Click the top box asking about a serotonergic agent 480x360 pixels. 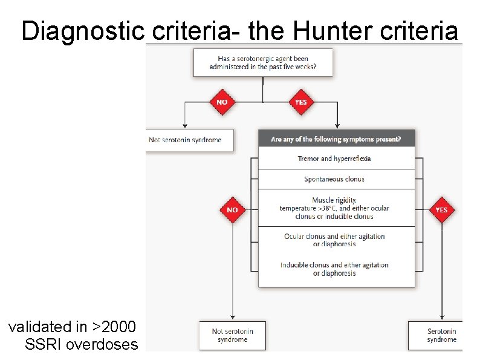click(x=263, y=62)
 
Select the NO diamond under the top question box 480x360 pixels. click(x=222, y=102)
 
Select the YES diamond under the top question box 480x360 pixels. click(x=300, y=102)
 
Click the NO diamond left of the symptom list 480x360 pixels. click(x=233, y=210)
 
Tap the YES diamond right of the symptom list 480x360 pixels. click(x=442, y=210)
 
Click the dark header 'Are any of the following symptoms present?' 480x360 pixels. click(x=336, y=139)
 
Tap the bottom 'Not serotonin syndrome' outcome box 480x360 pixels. click(x=233, y=335)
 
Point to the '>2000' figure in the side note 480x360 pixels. click(x=114, y=327)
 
